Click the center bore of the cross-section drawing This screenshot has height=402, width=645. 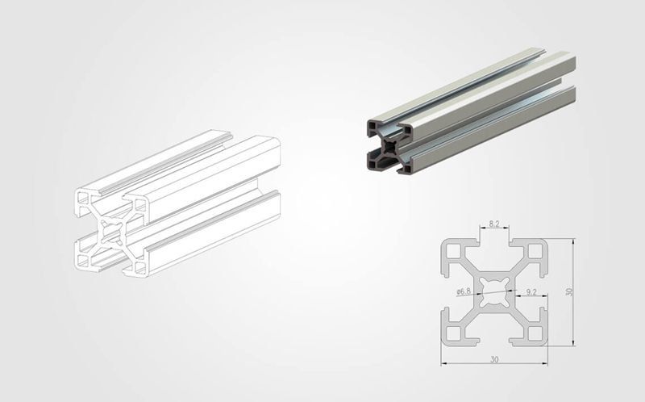[x=493, y=291]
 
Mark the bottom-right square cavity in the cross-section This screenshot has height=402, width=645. [x=533, y=331]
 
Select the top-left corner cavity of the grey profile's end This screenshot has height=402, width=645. [x=372, y=127]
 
